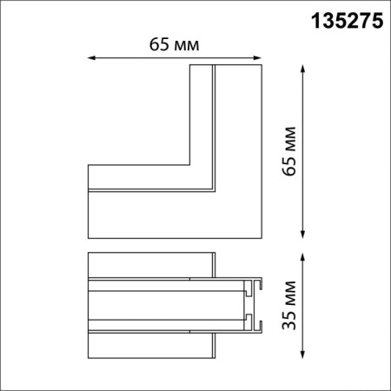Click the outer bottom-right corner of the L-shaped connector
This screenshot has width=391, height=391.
click(262, 236)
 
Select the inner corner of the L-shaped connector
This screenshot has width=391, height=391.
click(189, 164)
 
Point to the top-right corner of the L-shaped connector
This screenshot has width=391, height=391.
click(262, 64)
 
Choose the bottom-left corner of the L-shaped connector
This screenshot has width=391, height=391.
click(88, 236)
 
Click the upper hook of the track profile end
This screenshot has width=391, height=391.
click(254, 284)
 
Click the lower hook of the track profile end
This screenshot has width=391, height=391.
click(254, 327)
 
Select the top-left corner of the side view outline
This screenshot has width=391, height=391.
click(88, 255)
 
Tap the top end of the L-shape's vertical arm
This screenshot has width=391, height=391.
click(226, 65)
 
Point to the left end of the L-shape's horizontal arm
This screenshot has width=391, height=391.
click(89, 200)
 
